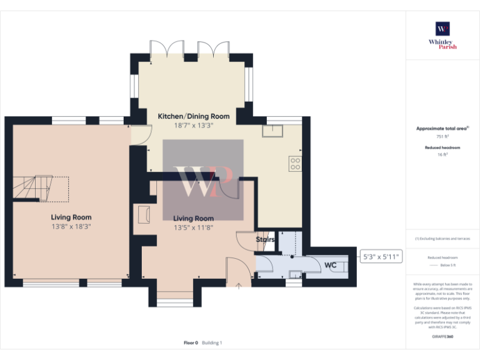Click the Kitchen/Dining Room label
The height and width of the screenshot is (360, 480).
click(x=193, y=116)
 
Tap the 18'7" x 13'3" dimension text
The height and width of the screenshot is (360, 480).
click(x=193, y=125)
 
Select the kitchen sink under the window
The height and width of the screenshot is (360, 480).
click(x=273, y=130)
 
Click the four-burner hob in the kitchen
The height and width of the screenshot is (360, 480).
click(x=294, y=164)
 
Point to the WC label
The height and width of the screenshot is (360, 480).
click(x=331, y=266)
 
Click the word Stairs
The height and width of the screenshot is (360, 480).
click(x=265, y=239)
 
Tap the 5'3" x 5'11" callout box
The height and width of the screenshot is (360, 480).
click(x=381, y=256)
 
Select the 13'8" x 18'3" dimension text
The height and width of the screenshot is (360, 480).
click(x=71, y=227)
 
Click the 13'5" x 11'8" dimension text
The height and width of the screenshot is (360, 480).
click(x=193, y=227)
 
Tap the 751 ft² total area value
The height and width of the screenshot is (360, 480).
click(x=442, y=136)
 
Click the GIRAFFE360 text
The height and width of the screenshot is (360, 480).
click(x=442, y=337)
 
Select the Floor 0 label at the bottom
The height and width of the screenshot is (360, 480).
click(x=190, y=342)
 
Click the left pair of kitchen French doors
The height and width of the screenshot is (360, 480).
click(x=166, y=49)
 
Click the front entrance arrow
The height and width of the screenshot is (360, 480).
click(x=238, y=285)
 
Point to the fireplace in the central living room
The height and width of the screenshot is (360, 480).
click(x=143, y=214)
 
